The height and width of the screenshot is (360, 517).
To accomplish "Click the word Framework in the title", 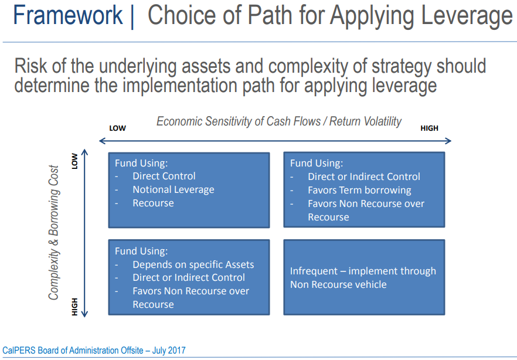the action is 68,15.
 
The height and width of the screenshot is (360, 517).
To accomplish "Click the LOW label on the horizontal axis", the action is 118,128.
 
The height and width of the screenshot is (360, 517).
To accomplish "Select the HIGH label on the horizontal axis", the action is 429,128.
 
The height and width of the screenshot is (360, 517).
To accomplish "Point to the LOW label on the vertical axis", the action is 75,161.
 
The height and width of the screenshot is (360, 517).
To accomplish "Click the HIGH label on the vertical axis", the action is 75,307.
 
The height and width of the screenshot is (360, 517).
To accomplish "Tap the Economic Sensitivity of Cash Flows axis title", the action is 279,121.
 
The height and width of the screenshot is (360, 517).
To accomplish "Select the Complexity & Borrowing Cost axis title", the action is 54,233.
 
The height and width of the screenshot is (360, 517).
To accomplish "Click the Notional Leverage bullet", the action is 174,189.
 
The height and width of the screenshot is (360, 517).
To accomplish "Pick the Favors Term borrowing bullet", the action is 359,190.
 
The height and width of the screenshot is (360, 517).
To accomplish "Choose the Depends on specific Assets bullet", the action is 193,264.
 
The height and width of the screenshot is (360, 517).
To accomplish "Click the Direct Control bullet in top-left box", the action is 164,176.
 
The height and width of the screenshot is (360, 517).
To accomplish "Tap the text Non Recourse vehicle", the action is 338,284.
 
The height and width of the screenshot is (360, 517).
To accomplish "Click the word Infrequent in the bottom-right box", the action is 314,271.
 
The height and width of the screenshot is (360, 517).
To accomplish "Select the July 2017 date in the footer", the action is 169,350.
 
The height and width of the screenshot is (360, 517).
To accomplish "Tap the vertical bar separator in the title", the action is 132,17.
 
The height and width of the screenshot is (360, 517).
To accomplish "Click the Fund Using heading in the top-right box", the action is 317,163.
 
